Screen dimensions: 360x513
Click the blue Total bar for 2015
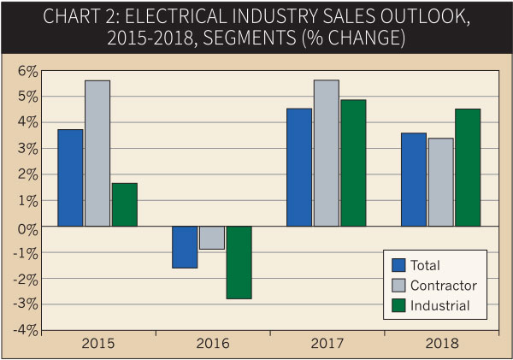coord(70,178)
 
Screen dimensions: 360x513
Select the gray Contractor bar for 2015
coord(97,153)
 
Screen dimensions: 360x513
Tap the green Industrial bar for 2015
coord(124,204)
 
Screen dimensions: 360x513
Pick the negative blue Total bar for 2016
coord(185,247)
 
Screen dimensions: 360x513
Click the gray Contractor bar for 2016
coord(211,238)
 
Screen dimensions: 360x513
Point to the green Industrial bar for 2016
coord(239,263)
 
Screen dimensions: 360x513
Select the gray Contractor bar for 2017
coord(326,153)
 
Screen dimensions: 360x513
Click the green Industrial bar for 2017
coord(352,163)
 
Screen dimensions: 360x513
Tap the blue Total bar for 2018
coord(414,180)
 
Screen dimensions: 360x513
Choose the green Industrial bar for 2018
coord(467,168)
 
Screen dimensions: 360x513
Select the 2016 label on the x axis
coord(212,344)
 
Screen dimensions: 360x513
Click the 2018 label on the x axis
coord(440,344)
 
